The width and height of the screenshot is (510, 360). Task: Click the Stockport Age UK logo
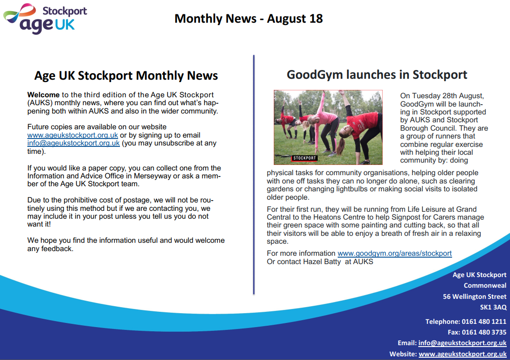pos(45,19)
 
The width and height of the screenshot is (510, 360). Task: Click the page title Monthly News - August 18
pos(248,19)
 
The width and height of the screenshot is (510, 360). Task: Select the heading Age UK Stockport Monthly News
pos(126,76)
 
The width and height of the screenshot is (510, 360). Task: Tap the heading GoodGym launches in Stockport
pos(377,75)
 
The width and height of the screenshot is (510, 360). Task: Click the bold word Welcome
pos(43,95)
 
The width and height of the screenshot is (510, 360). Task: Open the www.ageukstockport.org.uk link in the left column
pos(73,135)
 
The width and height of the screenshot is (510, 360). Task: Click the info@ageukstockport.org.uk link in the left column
pos(74,143)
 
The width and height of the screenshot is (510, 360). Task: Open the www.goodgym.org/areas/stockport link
pos(395,253)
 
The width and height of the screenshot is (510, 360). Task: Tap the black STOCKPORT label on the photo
pos(304,158)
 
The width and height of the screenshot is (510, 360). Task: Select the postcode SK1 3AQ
pos(493,307)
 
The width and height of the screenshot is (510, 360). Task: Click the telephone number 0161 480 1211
pos(484,322)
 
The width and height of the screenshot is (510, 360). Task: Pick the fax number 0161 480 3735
pos(484,332)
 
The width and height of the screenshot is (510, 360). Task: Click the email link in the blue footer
pos(462,343)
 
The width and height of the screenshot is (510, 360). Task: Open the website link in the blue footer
pos(462,354)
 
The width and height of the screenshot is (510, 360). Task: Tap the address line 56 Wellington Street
pos(474,297)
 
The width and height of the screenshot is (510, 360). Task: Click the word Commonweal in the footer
pos(485,285)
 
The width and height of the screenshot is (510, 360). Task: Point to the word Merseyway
pos(152,176)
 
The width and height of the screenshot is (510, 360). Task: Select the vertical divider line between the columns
pos(254,175)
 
